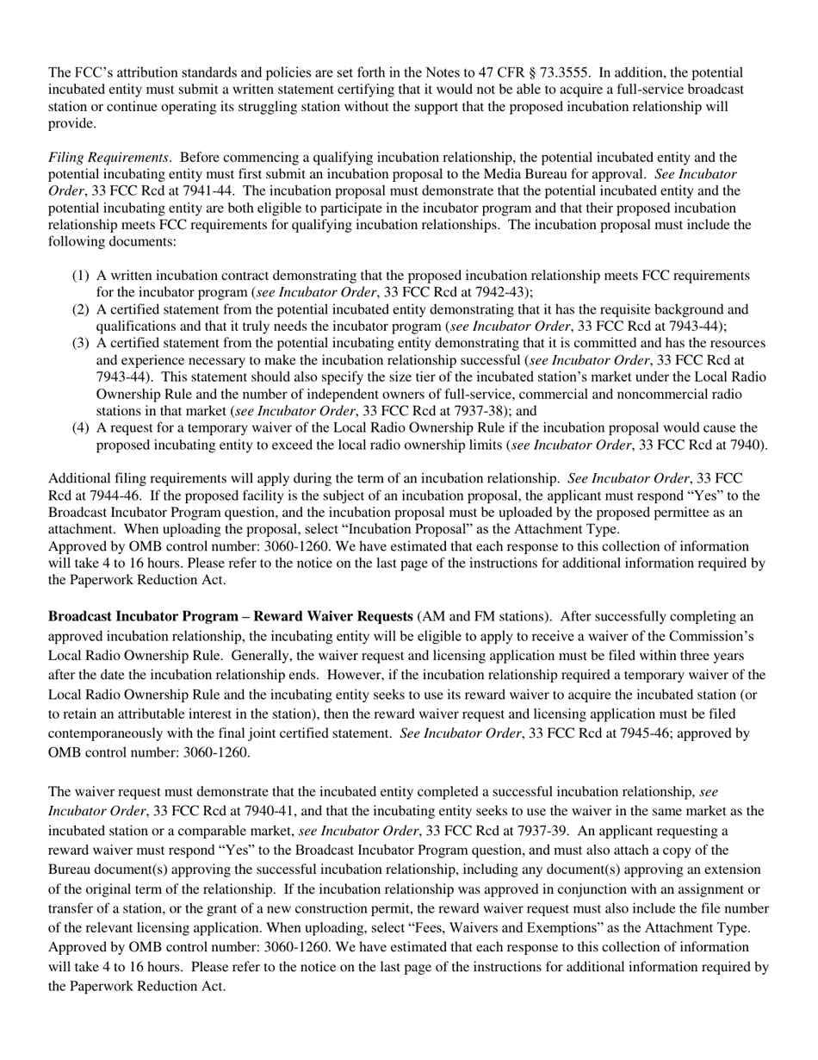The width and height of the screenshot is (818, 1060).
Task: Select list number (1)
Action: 80,276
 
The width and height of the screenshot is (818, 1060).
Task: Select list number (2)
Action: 80,309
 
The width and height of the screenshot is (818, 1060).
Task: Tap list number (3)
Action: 80,343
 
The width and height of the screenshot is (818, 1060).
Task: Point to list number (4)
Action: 80,427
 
